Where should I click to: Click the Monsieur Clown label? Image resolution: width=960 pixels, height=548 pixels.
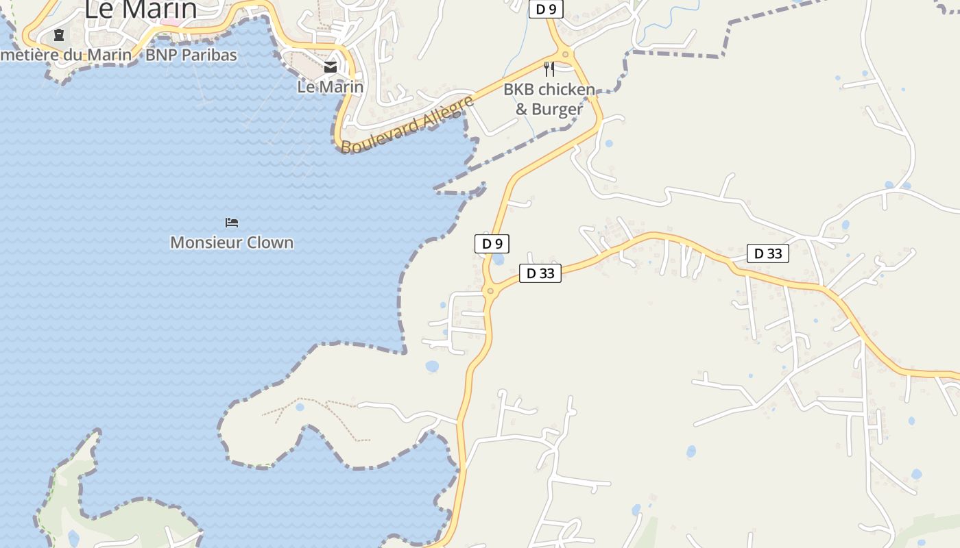pos(232,242)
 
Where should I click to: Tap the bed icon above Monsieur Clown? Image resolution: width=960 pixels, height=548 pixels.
pos(232,222)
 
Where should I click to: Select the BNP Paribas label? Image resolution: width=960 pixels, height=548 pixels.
pos(191,55)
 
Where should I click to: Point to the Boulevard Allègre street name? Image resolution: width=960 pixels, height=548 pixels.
pos(407,125)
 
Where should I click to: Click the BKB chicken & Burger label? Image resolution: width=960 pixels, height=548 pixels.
pos(549,99)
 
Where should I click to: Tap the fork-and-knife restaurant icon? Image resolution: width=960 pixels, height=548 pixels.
pos(549,68)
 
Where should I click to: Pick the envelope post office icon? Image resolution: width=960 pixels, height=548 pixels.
pos(331,66)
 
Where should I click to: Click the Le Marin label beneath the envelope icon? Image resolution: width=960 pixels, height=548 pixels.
pos(331,87)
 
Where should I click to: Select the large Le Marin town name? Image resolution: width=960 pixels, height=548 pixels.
pos(141,10)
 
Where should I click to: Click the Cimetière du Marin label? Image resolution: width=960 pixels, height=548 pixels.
pos(65,55)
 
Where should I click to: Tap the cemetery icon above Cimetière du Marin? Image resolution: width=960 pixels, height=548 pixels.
pos(59,34)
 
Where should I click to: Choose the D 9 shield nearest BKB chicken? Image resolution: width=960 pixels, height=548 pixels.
pos(546,9)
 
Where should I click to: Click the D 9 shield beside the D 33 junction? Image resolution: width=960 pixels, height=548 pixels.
pos(492,243)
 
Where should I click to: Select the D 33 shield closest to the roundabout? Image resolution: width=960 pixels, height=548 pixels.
pos(540,273)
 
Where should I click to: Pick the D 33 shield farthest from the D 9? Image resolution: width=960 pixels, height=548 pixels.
pos(768,253)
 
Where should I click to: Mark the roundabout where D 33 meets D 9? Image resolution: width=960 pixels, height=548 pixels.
pos(490,291)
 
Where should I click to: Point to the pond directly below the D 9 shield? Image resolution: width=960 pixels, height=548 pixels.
pos(499,260)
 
